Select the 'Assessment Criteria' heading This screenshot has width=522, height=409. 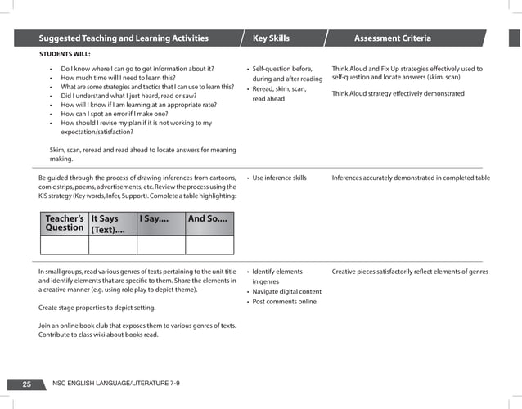(392, 38)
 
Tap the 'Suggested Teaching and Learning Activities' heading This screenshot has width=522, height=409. (124, 38)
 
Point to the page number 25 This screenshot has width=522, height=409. (27, 383)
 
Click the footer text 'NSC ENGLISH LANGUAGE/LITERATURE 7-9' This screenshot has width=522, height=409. (115, 383)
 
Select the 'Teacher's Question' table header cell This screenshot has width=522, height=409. (65, 223)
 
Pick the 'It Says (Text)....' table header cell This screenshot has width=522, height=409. (112, 224)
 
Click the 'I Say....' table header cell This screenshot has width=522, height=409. (160, 219)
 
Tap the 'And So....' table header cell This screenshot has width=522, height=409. (209, 219)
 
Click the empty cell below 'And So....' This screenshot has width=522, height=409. (209, 245)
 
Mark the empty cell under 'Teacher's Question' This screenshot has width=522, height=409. (65, 245)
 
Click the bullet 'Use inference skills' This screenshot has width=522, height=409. (279, 178)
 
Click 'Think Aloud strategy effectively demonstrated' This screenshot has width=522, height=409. (398, 93)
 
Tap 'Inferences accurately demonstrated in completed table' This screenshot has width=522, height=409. (411, 178)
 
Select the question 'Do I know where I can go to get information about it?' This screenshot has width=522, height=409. (137, 69)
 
